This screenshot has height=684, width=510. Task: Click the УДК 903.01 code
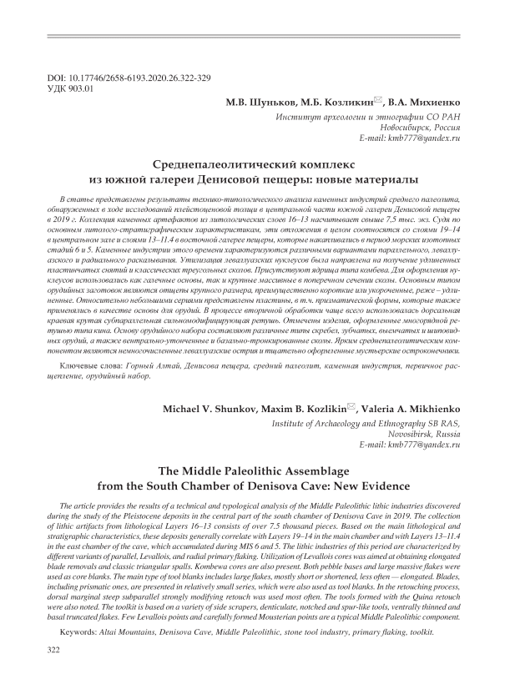(73, 88)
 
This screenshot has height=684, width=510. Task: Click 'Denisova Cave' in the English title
(323, 485)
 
